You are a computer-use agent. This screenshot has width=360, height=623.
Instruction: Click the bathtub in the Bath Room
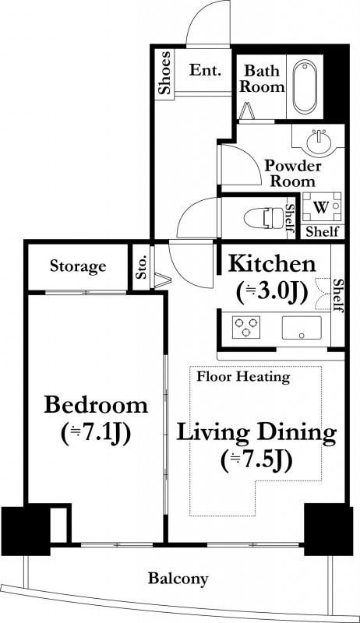pos(305,86)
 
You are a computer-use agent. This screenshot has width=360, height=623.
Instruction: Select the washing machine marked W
pos(322,206)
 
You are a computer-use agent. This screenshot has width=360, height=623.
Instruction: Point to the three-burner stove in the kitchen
pos(246,327)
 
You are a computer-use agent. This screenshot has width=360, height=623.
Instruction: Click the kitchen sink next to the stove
pos(302,328)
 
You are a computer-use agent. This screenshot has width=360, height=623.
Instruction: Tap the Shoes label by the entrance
pos(164,72)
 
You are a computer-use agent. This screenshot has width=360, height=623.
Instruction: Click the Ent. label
pos(205,70)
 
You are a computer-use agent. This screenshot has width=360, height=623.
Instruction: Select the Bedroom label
pos(96,405)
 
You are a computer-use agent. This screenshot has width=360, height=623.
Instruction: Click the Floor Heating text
pos(243,376)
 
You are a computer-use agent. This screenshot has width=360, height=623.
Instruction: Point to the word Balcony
pos(178,579)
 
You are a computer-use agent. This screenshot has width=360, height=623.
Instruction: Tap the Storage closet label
pos(78,266)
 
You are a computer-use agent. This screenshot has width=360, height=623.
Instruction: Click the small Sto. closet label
pos(142,266)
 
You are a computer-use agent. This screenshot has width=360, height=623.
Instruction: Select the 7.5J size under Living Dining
pos(256,460)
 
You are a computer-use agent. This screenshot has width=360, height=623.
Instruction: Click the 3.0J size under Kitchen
pos(272,293)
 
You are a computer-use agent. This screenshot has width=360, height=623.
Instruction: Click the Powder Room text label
pos(293,173)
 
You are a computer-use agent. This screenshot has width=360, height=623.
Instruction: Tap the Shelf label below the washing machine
pos(323,231)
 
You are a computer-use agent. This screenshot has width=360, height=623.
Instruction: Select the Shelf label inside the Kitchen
pos(337,295)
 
